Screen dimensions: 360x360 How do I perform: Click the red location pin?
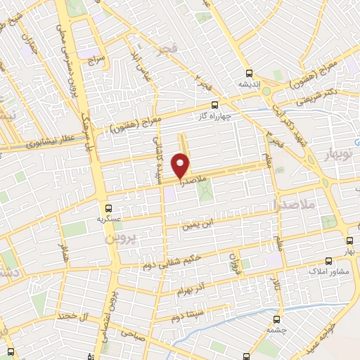pyautogui.click(x=181, y=165)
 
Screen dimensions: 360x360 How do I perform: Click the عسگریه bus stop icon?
pyautogui.click(x=108, y=208)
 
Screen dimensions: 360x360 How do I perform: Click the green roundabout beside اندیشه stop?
pyautogui.click(x=265, y=89)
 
